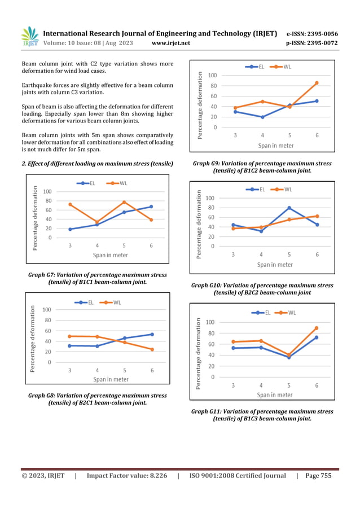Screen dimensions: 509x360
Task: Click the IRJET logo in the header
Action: point(30,37)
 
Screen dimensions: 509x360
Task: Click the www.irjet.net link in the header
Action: point(171,43)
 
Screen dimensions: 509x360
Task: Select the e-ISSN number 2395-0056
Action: point(319,34)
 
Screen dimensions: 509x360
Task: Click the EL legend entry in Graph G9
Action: point(254,67)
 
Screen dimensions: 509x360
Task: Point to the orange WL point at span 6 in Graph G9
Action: point(317,83)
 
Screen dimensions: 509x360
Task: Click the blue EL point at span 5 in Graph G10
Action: point(289,208)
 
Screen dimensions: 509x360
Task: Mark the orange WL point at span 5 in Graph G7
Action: point(124,202)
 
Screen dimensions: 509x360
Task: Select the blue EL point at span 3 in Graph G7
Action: point(70,229)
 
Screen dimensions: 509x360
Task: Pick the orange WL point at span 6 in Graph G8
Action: point(152,349)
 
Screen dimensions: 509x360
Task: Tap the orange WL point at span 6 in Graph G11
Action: point(316,328)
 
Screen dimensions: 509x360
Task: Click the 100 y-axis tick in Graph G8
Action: point(47,310)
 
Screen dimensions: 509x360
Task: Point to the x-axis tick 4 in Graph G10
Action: point(261,255)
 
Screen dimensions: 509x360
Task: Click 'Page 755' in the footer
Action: point(318,476)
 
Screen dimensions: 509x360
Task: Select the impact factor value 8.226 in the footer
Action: point(152,476)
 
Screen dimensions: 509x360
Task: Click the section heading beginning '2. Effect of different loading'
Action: point(97,164)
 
